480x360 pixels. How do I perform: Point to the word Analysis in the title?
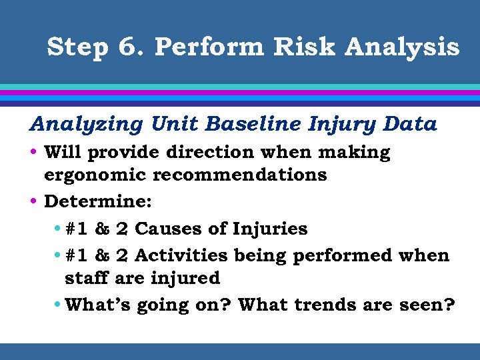coord(408,49)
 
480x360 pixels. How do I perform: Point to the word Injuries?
coord(270,229)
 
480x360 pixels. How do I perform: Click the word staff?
coord(87,277)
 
